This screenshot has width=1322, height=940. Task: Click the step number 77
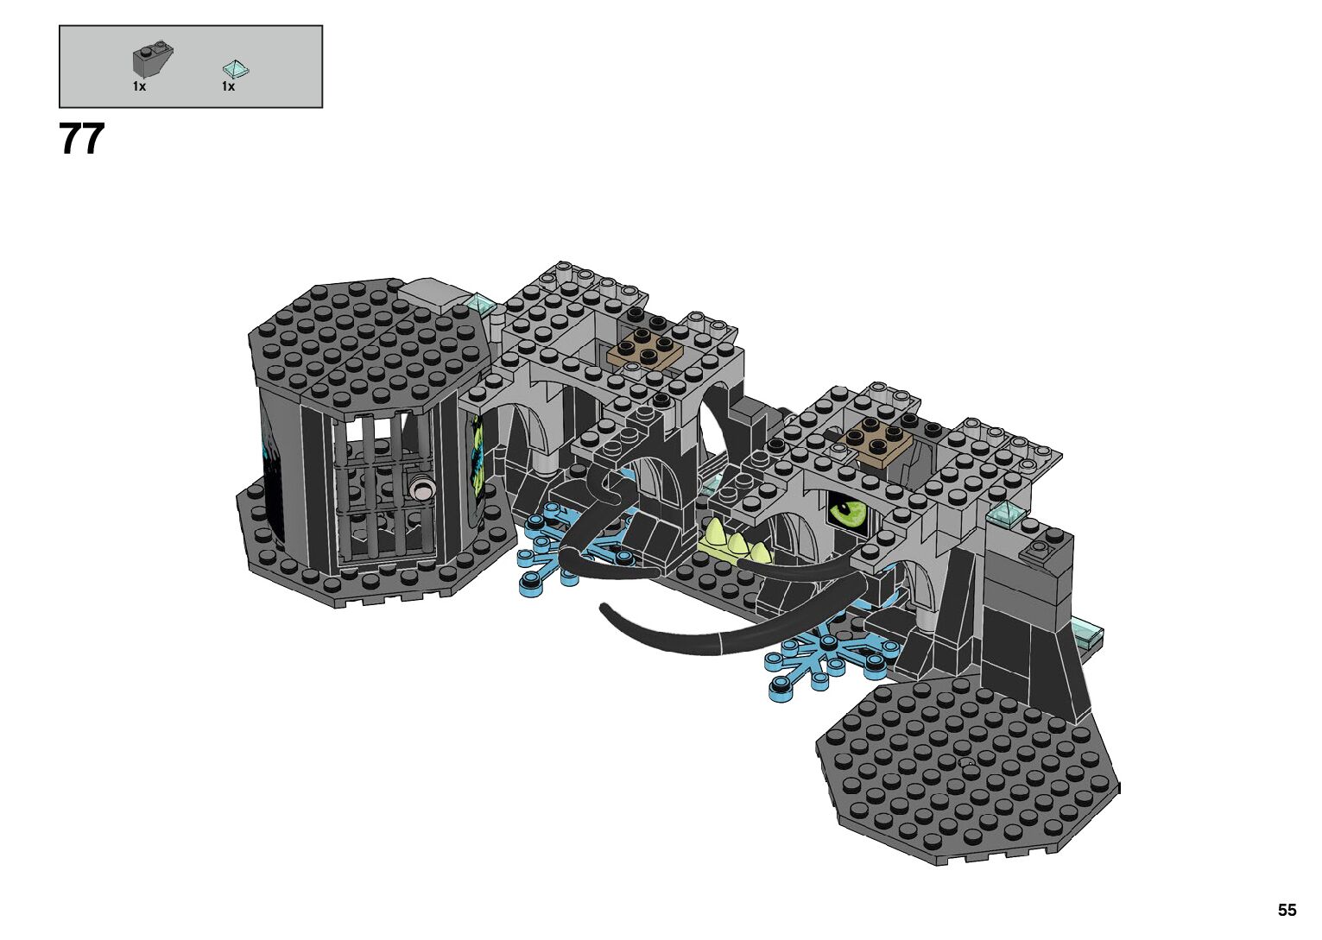point(82,139)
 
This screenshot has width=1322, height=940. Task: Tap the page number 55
point(1287,910)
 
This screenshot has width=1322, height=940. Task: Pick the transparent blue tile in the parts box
point(236,69)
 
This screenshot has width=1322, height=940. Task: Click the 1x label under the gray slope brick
point(139,86)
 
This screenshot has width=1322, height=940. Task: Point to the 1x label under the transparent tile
point(229,86)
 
